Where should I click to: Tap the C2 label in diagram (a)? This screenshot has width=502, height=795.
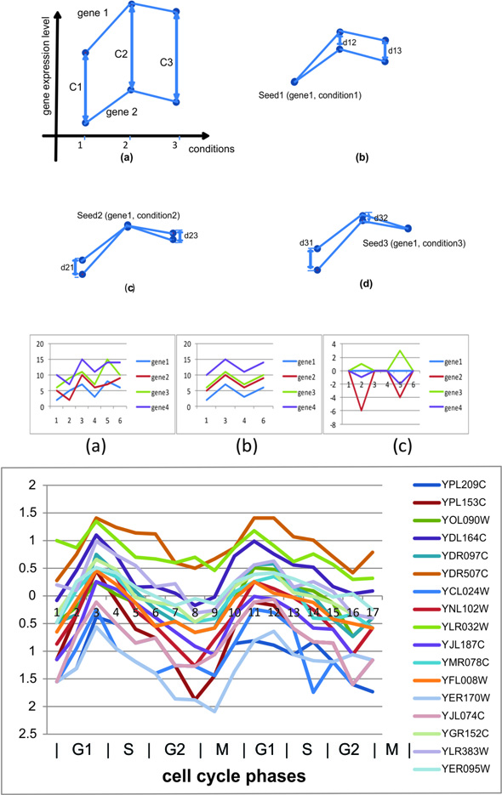tap(121, 54)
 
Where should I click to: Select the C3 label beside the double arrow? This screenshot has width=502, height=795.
tap(166, 62)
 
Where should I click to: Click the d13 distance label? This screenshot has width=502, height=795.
tap(395, 51)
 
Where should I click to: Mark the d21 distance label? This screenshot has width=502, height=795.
tap(66, 268)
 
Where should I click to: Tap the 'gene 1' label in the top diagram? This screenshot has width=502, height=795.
tap(93, 13)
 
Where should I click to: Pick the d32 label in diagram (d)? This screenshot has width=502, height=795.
tap(381, 219)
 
